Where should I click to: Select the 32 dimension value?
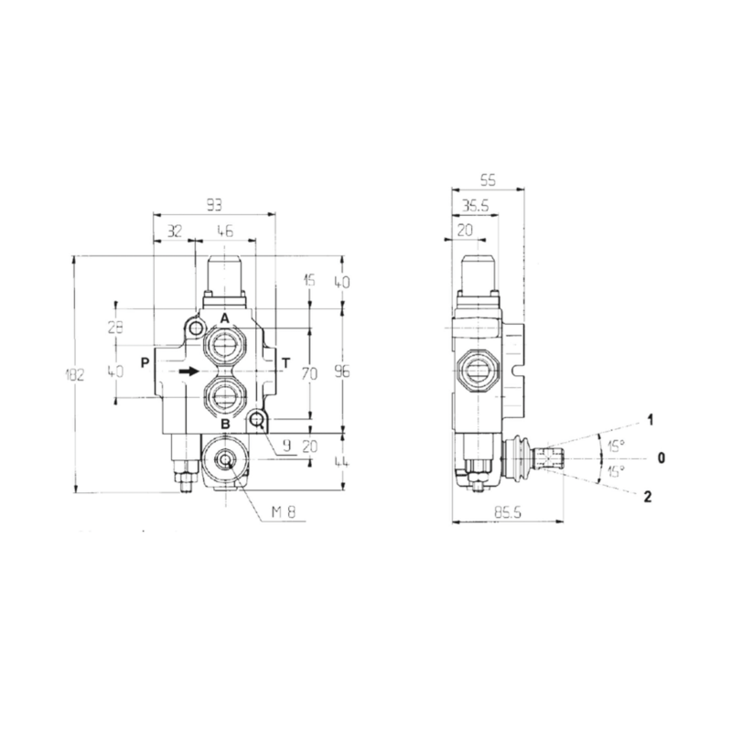174,232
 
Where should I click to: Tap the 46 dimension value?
225,232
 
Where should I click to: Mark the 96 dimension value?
340,372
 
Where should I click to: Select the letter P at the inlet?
145,362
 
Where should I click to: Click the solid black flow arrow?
189,371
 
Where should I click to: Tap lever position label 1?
649,420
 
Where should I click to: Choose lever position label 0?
650,457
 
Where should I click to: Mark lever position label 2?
648,497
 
